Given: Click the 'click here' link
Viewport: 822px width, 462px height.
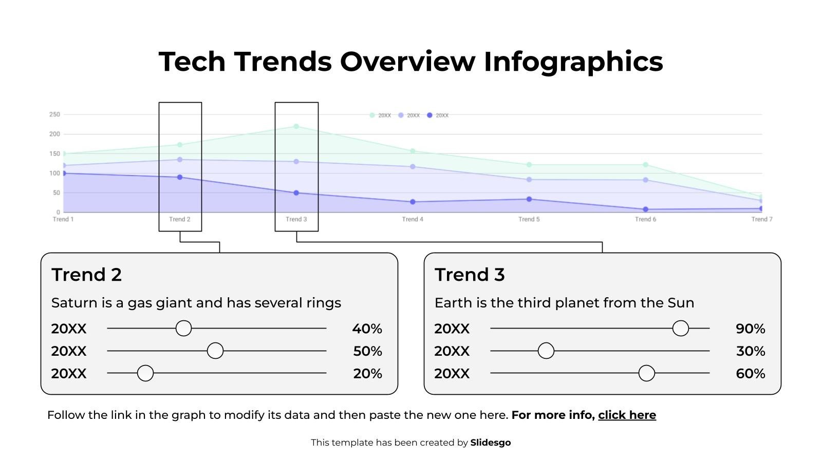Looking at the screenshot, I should [627, 415].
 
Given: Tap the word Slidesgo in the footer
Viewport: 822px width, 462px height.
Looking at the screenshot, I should [490, 442].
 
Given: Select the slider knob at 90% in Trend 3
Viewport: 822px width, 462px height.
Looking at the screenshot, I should [680, 328].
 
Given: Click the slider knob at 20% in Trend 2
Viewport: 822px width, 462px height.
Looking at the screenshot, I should [145, 373].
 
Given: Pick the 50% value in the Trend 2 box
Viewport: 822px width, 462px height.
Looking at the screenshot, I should [367, 351].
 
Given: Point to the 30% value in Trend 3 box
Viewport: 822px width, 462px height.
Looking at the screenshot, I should [750, 351].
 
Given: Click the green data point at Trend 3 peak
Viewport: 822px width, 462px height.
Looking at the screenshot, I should [296, 126].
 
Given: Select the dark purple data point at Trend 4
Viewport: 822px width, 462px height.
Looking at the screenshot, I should [413, 202].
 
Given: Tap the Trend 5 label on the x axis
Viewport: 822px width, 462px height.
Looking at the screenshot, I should [529, 219].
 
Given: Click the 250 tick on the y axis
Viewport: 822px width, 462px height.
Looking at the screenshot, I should [54, 114].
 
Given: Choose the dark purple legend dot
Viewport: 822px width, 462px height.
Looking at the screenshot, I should [429, 115].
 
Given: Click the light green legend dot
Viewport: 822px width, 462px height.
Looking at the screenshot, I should [372, 115].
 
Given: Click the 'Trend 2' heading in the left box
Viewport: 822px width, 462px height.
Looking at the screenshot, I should [86, 275].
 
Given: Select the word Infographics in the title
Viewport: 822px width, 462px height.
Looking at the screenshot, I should [573, 61].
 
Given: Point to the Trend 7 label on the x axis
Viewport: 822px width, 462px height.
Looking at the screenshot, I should [761, 219].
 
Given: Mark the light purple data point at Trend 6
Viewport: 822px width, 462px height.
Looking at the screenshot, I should [645, 180].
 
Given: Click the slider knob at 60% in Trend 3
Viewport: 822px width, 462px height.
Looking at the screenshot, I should [646, 373].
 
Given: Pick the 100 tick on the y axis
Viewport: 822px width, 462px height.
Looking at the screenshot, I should [54, 174].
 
